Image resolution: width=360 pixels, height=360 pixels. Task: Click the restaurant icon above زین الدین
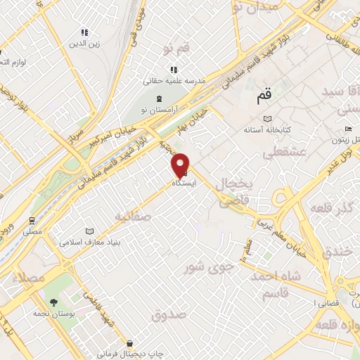[x=84, y=32]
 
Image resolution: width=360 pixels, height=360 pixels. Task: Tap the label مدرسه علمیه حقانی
[x=174, y=81]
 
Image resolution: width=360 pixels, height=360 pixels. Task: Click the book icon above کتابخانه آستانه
[x=265, y=120]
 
